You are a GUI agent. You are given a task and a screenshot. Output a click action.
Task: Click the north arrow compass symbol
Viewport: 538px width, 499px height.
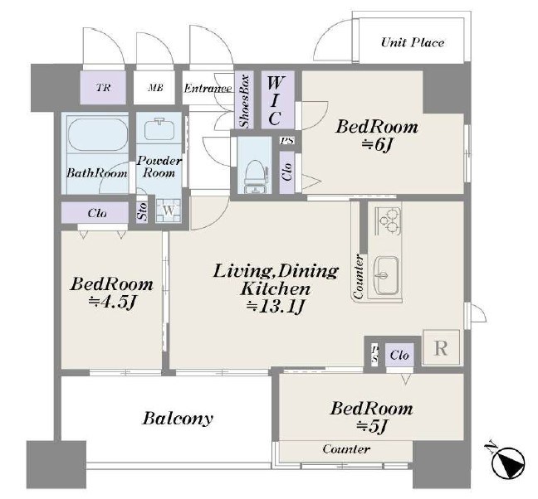tap(507, 462)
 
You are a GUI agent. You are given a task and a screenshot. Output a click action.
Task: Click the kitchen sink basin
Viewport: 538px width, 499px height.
tap(387, 275)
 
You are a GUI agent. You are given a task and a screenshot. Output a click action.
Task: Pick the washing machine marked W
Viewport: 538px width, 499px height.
tap(168, 211)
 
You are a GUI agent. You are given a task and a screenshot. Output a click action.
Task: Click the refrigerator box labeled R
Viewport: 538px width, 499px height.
tap(441, 347)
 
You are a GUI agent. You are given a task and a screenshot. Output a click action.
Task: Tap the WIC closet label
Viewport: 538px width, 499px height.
tap(276, 100)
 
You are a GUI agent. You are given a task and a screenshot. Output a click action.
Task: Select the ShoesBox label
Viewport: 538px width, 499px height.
tap(244, 101)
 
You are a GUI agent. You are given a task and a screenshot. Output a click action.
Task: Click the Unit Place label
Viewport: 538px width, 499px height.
tap(413, 42)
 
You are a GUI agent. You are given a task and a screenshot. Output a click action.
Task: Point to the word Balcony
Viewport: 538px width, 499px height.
tap(178, 419)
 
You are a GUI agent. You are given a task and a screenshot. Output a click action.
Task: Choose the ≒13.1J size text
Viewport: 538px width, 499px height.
tap(276, 307)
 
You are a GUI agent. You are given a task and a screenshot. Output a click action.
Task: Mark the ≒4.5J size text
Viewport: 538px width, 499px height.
tap(112, 302)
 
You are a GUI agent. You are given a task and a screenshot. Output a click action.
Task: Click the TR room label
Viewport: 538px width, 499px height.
tap(103, 88)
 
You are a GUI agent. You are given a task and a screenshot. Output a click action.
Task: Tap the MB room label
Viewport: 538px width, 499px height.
tap(155, 88)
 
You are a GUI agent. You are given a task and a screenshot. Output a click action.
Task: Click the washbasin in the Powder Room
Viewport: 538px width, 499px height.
tap(159, 128)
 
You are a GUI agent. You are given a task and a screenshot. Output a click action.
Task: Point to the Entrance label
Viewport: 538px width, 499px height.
tap(208, 89)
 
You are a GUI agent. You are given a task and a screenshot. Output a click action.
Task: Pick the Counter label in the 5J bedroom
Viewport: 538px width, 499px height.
tap(346, 449)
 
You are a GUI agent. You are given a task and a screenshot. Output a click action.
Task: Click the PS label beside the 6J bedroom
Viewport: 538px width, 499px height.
tap(286, 140)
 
